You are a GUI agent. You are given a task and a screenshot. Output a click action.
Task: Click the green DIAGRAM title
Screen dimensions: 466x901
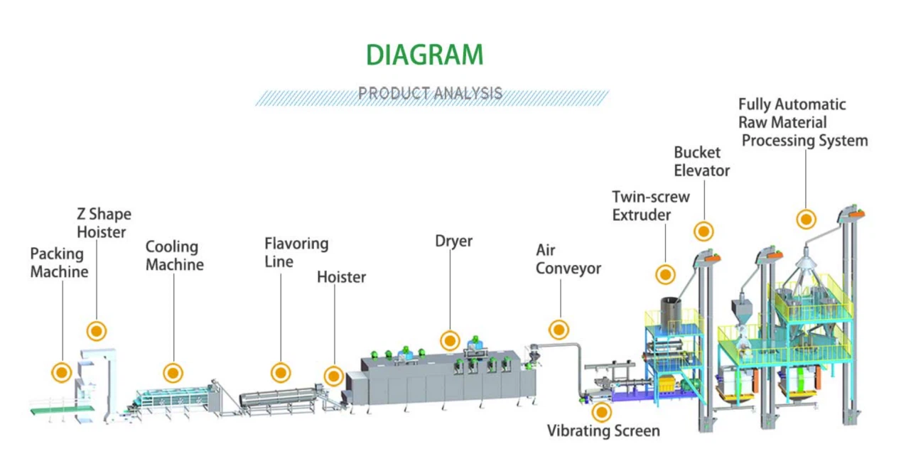tap(424, 55)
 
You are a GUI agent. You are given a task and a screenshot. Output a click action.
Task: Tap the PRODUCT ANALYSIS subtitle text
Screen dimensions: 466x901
tap(430, 93)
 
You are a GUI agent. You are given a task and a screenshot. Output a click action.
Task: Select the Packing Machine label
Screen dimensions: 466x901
tap(59, 263)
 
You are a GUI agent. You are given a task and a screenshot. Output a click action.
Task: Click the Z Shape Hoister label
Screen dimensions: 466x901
tap(103, 223)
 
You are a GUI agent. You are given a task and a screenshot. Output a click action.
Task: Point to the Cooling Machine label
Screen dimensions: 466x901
tap(174, 256)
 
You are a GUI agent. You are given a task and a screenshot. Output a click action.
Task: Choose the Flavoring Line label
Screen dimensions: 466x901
tap(296, 252)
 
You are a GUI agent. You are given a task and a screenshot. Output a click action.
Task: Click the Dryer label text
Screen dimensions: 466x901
tap(453, 242)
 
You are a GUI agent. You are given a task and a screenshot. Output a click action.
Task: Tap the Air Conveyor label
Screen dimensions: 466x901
tap(568, 259)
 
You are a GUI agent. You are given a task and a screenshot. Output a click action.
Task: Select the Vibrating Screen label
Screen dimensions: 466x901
tap(603, 430)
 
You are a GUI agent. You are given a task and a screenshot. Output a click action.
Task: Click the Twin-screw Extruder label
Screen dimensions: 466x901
tap(650, 205)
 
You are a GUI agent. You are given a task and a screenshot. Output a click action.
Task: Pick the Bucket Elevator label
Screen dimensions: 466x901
tap(701, 161)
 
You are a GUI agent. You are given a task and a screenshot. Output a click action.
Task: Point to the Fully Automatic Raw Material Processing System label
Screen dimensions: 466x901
tap(803, 122)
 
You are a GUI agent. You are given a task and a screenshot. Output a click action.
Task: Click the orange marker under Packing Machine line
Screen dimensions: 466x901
tap(62, 372)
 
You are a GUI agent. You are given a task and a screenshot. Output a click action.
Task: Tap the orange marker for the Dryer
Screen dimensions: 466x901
tap(449, 340)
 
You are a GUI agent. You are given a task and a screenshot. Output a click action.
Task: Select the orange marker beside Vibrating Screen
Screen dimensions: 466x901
tap(602, 411)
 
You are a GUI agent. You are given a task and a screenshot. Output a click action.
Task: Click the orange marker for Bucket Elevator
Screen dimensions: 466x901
tap(703, 231)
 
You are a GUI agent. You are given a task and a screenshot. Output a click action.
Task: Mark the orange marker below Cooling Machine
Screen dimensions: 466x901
tap(173, 372)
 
